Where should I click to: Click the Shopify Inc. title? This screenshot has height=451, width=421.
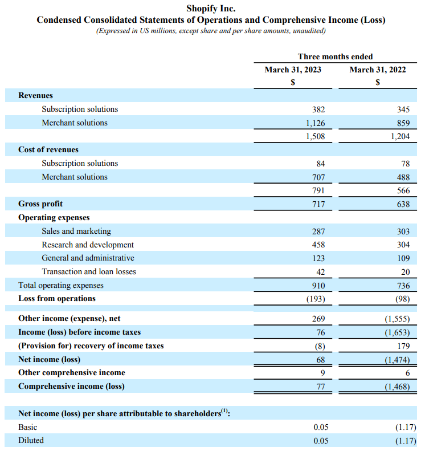click(211, 9)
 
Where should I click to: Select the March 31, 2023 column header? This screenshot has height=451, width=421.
click(293, 70)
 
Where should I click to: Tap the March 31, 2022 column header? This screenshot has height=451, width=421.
click(378, 70)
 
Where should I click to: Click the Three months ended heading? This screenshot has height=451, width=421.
click(335, 56)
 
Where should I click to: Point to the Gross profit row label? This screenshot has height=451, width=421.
click(40, 204)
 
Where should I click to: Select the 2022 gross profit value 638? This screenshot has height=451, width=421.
click(403, 204)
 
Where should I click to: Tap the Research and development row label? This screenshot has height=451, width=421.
click(88, 245)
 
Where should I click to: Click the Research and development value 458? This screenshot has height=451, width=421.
click(318, 245)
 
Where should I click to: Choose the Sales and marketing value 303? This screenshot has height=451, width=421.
click(403, 231)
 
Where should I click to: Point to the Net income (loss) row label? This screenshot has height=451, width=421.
click(49, 359)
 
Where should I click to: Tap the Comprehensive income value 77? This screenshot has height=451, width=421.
click(320, 387)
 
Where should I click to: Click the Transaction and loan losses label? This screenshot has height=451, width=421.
click(89, 271)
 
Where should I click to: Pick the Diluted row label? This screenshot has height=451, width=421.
click(31, 440)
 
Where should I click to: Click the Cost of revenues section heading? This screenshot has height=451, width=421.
click(48, 149)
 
